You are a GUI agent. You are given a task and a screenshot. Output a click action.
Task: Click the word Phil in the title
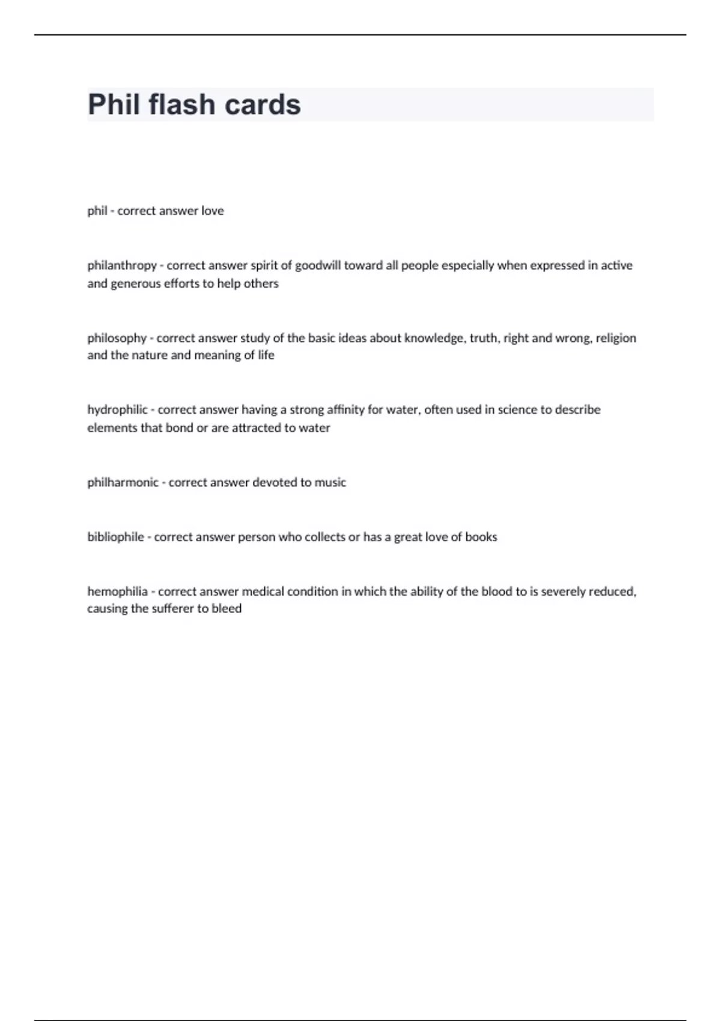click(x=114, y=105)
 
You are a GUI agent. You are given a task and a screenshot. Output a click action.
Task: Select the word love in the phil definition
click(x=213, y=211)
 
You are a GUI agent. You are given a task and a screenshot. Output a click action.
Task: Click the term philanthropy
click(x=122, y=265)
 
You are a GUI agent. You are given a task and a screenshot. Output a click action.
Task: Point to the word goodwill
click(x=318, y=265)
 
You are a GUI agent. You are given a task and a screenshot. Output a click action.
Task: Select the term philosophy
click(x=117, y=338)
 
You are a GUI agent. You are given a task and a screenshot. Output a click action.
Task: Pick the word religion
click(x=616, y=338)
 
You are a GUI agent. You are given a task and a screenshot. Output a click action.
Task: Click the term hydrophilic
click(x=117, y=410)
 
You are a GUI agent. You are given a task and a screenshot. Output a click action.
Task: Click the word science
click(x=517, y=410)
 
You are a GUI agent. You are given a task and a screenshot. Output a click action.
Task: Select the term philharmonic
click(x=123, y=482)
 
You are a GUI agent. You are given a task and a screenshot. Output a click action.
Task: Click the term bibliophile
click(x=115, y=537)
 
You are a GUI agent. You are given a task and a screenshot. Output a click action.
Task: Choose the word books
click(x=481, y=537)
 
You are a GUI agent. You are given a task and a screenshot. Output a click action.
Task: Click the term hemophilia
click(x=117, y=592)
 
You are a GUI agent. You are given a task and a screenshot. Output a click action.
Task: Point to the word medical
click(x=263, y=592)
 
